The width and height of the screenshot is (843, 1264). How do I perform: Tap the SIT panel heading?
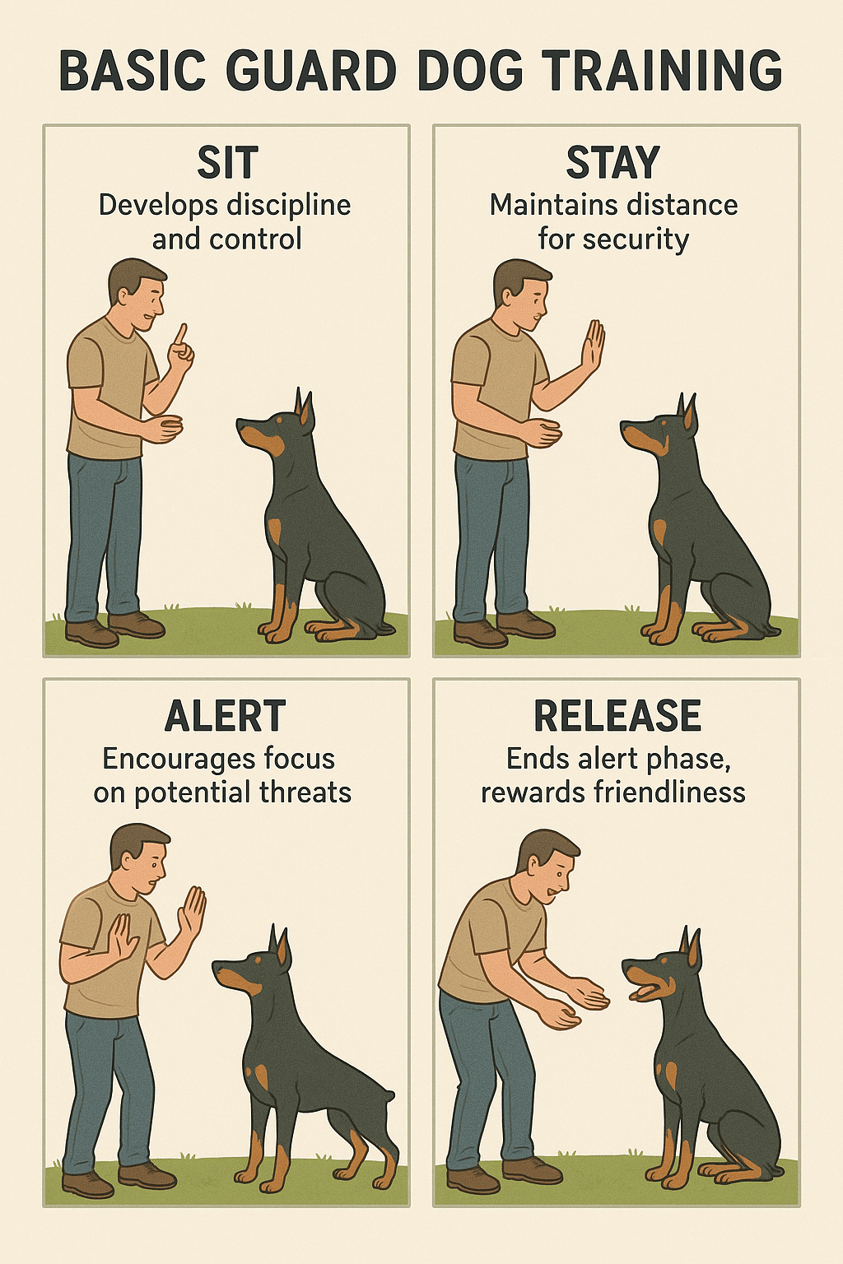click(x=227, y=162)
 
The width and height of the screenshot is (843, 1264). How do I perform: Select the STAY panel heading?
click(x=613, y=162)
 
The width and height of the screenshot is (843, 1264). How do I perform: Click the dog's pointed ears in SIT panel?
click(x=304, y=407)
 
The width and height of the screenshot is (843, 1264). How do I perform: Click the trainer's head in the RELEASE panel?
click(x=547, y=865)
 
